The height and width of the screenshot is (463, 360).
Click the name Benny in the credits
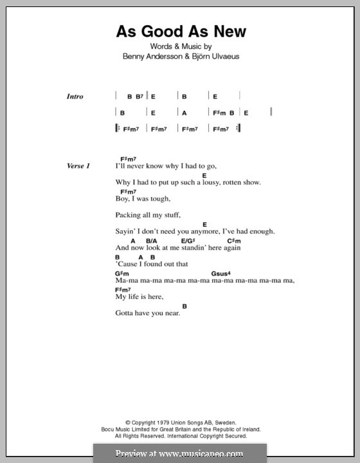(133, 56)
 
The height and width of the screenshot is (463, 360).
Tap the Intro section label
(75, 96)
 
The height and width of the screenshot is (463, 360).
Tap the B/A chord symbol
(152, 241)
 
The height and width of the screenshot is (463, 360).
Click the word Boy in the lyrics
(123, 199)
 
